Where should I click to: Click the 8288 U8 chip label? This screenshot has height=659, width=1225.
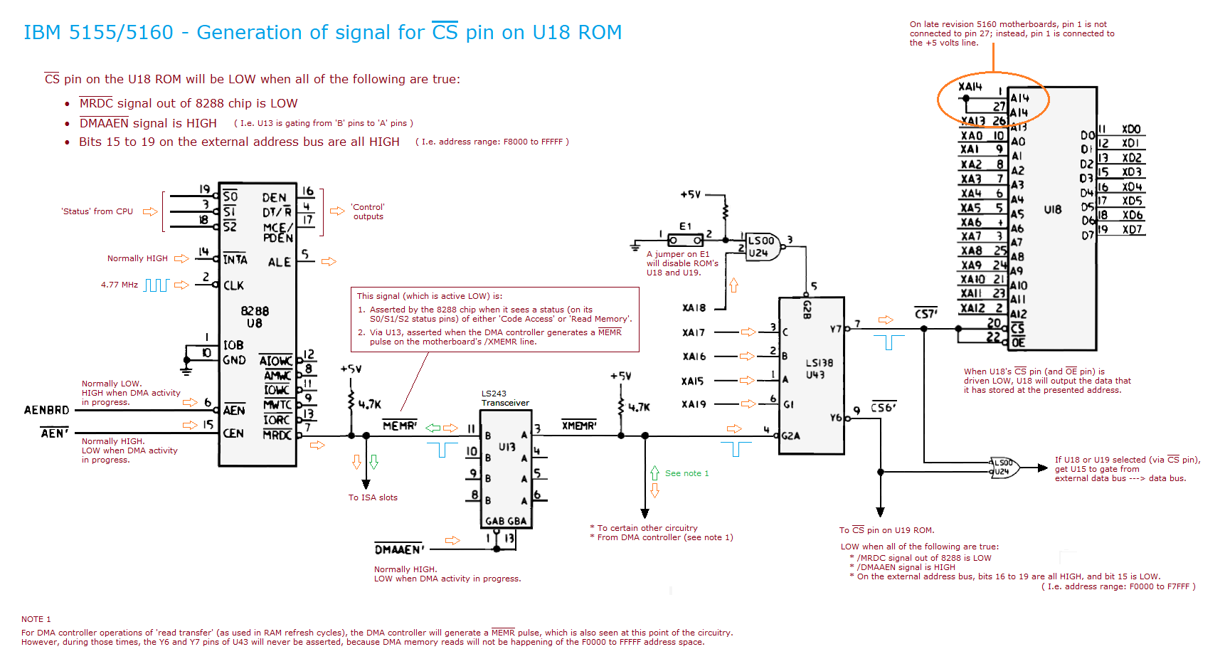pos(255,317)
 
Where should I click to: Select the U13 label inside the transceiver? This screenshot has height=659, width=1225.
pos(507,447)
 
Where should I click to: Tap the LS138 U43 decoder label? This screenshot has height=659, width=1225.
pos(819,369)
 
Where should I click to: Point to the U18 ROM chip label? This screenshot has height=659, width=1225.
pos(1052,209)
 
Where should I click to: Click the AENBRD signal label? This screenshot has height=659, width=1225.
pos(47,410)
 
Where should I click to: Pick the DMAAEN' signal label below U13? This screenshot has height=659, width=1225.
pos(399,549)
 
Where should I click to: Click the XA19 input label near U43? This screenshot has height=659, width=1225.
pos(694,404)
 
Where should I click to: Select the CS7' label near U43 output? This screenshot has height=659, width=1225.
pos(926,314)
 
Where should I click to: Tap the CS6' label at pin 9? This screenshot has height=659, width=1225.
pos(883,408)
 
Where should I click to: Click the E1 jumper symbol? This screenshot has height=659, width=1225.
pos(685,240)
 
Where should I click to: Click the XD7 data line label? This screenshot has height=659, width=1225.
pos(1132,230)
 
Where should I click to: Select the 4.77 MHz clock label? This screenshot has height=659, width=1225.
pos(120,285)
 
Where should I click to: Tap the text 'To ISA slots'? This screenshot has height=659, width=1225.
pos(373,497)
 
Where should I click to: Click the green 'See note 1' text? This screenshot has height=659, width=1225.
pos(686,473)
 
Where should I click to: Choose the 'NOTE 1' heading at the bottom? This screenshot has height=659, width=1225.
pos(36,619)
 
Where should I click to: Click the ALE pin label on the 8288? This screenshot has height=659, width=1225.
pos(279,262)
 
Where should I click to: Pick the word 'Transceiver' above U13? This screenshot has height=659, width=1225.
pos(505,403)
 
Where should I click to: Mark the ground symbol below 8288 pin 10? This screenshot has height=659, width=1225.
pos(186,370)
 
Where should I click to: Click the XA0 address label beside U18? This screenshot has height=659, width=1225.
pos(971,136)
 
